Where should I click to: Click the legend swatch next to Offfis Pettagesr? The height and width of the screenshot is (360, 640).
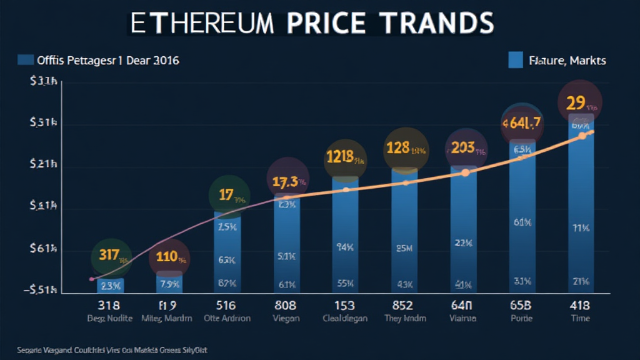pyautogui.click(x=26, y=60)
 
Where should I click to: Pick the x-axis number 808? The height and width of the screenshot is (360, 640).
pyautogui.click(x=287, y=306)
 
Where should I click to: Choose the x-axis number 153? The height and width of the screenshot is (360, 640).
pyautogui.click(x=345, y=306)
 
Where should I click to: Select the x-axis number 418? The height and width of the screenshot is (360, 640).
pyautogui.click(x=581, y=306)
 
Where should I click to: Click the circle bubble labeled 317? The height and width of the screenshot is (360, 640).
pyautogui.click(x=111, y=257)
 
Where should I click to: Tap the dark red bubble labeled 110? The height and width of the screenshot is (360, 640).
pyautogui.click(x=169, y=257)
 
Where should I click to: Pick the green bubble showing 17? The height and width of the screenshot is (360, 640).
pyautogui.click(x=229, y=196)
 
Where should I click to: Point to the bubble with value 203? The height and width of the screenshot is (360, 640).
pyautogui.click(x=466, y=151)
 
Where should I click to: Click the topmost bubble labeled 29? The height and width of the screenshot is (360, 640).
pyautogui.click(x=581, y=102)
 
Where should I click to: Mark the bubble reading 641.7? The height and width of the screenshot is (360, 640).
pyautogui.click(x=522, y=122)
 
